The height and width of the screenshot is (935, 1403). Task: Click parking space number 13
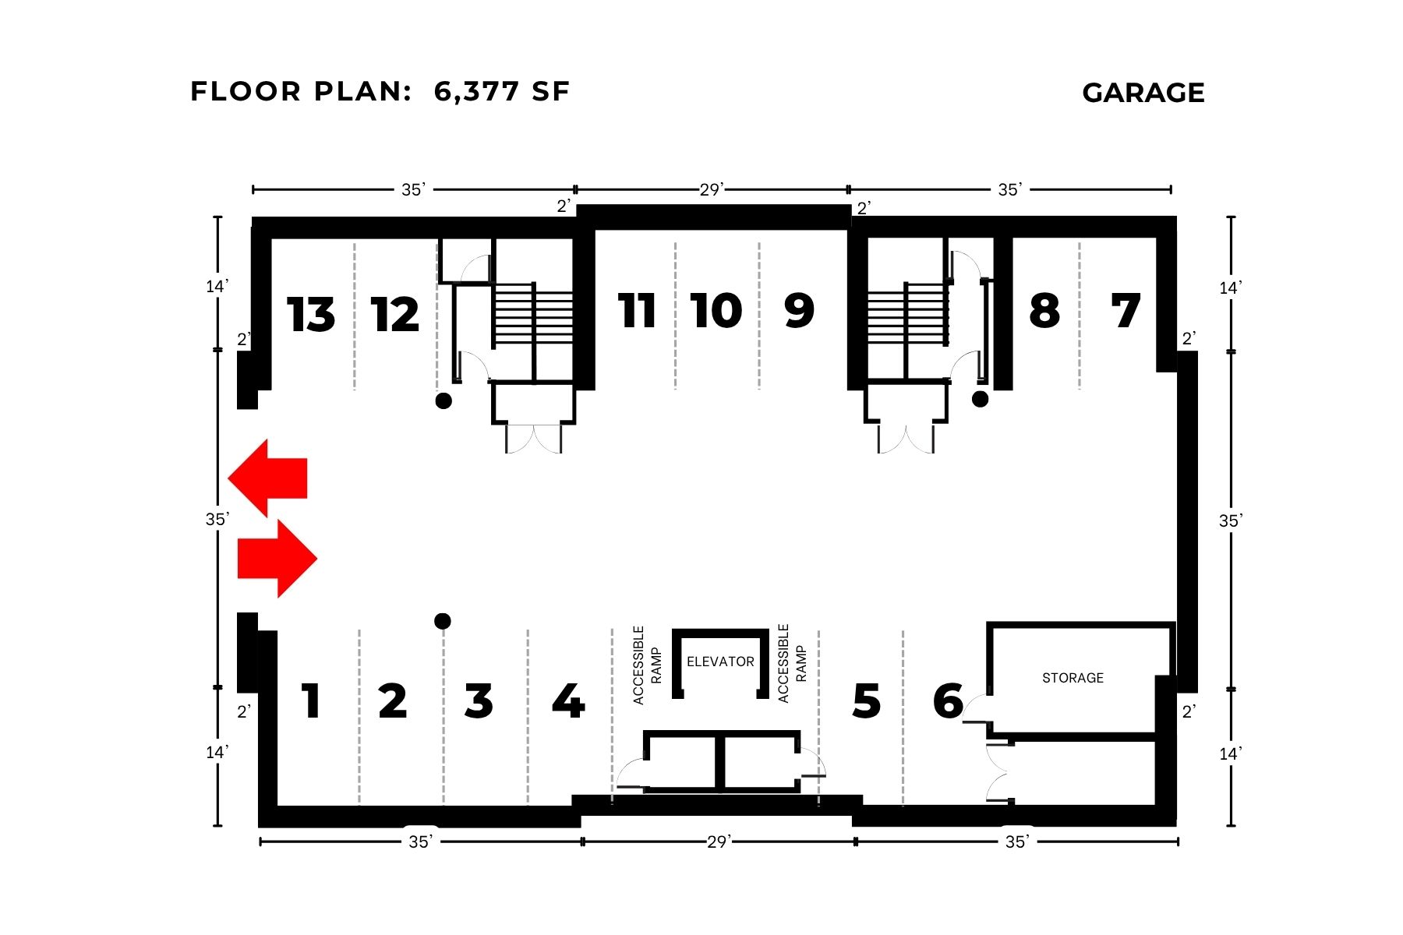pyautogui.click(x=311, y=315)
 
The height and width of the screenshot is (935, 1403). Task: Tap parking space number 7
pyautogui.click(x=1126, y=311)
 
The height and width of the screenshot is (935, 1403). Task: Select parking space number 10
pyautogui.click(x=716, y=311)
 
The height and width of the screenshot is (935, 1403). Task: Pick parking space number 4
pyautogui.click(x=568, y=701)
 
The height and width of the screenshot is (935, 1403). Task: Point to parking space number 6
pyautogui.click(x=949, y=701)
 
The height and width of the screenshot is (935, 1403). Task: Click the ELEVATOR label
pyautogui.click(x=720, y=662)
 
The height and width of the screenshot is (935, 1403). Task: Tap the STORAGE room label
pyautogui.click(x=1073, y=678)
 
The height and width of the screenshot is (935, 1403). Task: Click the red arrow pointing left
pyautogui.click(x=268, y=478)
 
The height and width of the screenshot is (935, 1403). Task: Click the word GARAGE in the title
pyautogui.click(x=1143, y=93)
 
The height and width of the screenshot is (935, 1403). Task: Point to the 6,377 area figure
pyautogui.click(x=476, y=91)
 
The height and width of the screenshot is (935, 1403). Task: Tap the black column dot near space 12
pyautogui.click(x=444, y=401)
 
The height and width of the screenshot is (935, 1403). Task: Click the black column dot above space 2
pyautogui.click(x=443, y=621)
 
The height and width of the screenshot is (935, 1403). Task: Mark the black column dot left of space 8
pyautogui.click(x=981, y=399)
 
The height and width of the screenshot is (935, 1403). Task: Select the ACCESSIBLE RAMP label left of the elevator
pyautogui.click(x=648, y=665)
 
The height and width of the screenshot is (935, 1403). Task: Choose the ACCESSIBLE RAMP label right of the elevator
pyautogui.click(x=792, y=664)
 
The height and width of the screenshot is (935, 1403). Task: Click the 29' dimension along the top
pyautogui.click(x=711, y=189)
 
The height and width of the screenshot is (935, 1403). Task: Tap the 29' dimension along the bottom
pyautogui.click(x=718, y=841)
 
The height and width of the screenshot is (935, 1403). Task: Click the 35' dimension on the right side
pyautogui.click(x=1230, y=520)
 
